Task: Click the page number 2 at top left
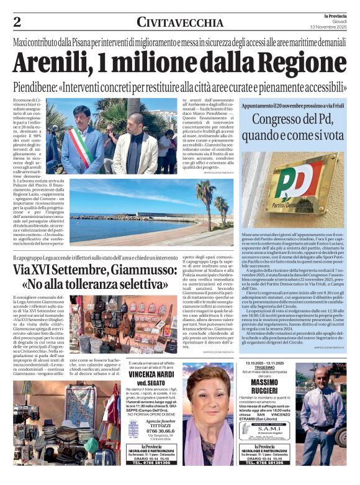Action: [17, 22]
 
